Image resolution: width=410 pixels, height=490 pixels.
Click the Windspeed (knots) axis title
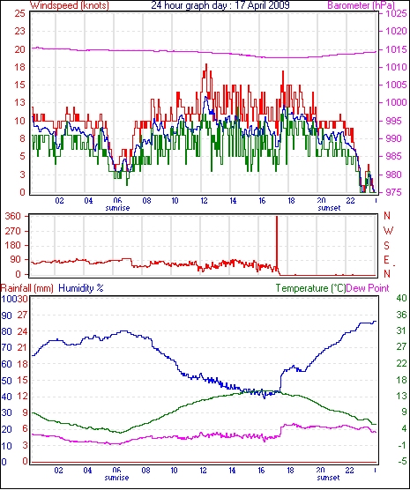point(70,5)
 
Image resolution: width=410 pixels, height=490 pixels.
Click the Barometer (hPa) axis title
point(361,5)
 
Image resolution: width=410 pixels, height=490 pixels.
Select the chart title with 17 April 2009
point(220,5)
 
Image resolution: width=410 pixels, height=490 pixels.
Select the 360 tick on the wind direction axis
point(13,216)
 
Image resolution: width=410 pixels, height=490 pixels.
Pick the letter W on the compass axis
point(388,231)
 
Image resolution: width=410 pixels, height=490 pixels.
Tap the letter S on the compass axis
point(386,246)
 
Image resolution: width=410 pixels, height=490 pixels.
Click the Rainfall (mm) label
point(27,288)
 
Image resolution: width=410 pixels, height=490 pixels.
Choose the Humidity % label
point(81,288)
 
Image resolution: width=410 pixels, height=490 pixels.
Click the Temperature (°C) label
point(310,288)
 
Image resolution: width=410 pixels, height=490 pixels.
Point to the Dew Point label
point(368,288)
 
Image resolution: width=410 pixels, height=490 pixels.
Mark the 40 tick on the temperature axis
point(401,298)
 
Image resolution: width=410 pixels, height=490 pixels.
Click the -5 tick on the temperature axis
point(401,461)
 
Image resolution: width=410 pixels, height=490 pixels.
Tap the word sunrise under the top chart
point(117,208)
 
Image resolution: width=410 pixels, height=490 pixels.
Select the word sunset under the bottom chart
point(328,478)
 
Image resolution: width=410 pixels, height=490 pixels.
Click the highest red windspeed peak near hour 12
point(206,64)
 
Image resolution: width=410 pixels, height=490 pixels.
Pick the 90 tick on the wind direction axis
point(16,259)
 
